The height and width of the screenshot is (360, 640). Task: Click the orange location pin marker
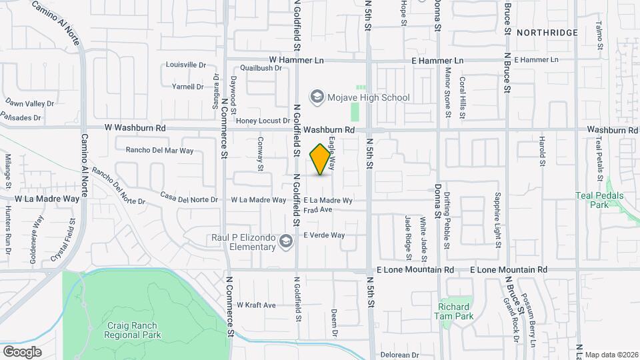click(x=321, y=159)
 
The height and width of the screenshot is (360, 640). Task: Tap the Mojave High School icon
click(x=317, y=97)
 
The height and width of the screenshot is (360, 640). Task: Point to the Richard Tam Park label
click(x=455, y=311)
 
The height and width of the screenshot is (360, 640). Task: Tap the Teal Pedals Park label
click(x=600, y=200)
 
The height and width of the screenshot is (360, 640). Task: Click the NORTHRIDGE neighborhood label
click(x=546, y=32)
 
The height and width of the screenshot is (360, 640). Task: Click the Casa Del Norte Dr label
click(x=189, y=199)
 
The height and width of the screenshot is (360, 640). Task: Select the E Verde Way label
click(x=324, y=235)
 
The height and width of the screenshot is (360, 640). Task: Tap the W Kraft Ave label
click(x=256, y=305)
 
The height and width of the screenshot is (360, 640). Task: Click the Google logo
click(x=22, y=351)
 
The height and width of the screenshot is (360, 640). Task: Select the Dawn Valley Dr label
click(x=29, y=103)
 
